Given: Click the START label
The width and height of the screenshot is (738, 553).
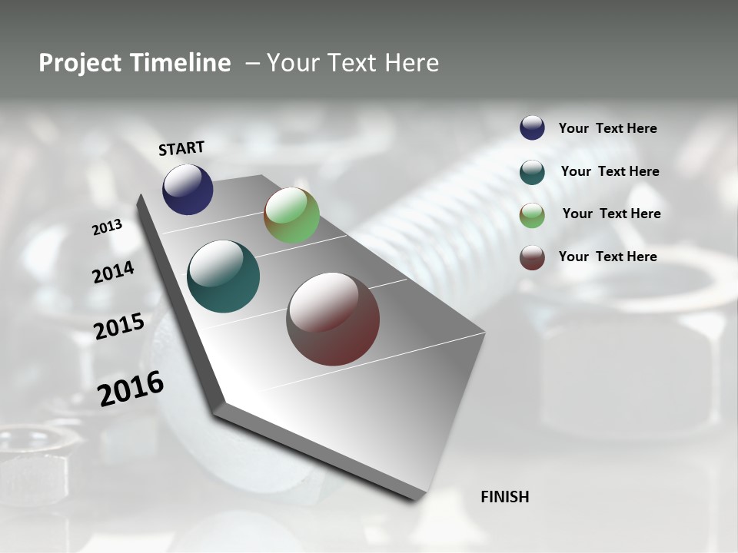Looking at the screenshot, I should (x=181, y=148).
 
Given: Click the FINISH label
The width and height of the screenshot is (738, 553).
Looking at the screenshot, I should (x=504, y=497).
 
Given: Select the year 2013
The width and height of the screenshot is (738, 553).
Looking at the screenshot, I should (x=108, y=227).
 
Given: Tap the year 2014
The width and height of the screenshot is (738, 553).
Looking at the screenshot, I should (x=114, y=273).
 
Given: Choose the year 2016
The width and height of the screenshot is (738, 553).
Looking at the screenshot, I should (x=131, y=389).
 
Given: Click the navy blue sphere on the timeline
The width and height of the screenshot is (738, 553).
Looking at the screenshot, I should (x=188, y=190).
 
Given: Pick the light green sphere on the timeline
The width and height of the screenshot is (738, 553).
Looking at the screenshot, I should (x=291, y=215).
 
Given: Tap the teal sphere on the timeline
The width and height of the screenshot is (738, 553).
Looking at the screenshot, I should (x=224, y=276).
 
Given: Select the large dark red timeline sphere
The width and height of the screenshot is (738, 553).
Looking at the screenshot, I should (x=333, y=319).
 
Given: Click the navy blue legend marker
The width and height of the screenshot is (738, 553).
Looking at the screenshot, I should (x=532, y=128).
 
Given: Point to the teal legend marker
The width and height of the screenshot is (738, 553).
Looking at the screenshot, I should (x=532, y=172).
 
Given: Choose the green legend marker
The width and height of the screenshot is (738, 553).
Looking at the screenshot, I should (x=532, y=215).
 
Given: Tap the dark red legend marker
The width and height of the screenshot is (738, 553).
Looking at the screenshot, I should (x=532, y=258).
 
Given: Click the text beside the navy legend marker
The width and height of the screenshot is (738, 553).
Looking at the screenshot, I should (x=607, y=129).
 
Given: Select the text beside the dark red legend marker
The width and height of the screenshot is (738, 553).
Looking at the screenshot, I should (x=607, y=257).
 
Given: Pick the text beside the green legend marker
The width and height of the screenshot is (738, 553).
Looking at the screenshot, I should (x=611, y=214).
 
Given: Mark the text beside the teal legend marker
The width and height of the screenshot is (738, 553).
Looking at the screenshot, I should (x=610, y=171).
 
